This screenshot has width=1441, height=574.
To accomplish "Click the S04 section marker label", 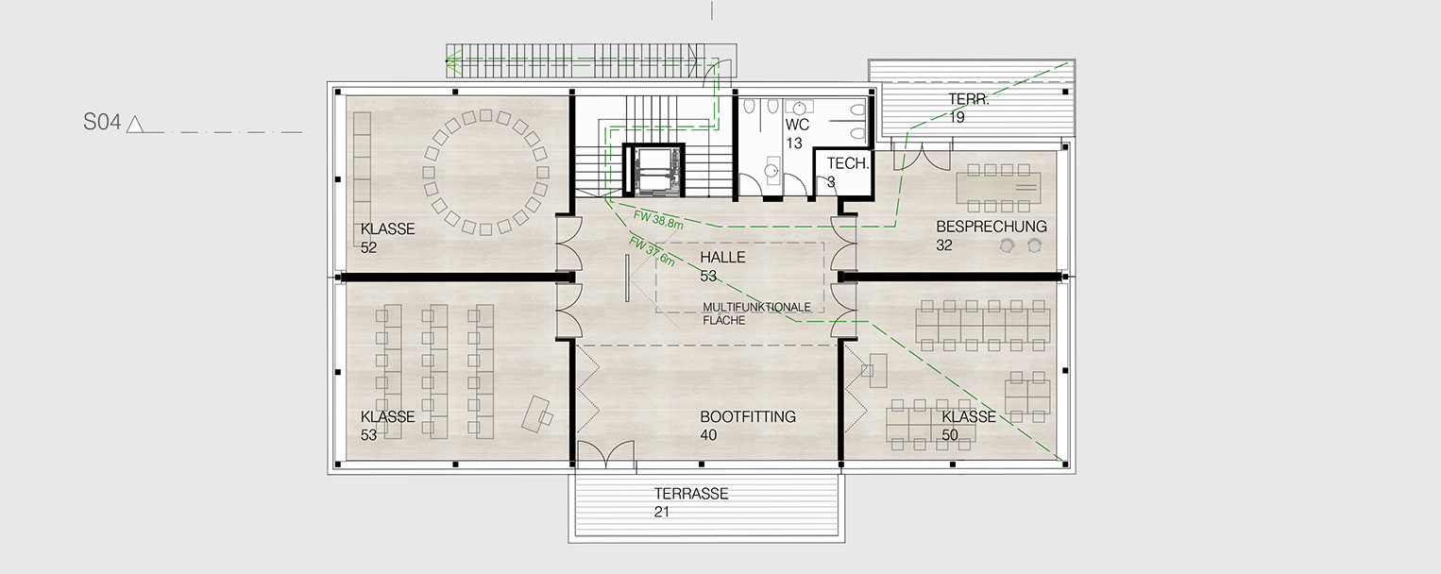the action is [x=102, y=123].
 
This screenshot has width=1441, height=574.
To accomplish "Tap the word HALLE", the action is [x=722, y=258].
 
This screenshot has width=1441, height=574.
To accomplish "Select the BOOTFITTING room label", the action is [x=748, y=417].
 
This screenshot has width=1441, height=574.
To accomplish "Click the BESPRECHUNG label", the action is [x=992, y=227].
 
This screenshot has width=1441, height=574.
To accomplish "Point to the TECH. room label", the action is [x=848, y=163].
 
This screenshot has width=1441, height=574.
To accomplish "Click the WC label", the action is [x=797, y=125].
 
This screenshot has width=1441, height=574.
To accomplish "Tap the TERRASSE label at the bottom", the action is [x=691, y=494].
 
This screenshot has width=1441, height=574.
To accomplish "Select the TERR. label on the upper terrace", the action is [x=968, y=99].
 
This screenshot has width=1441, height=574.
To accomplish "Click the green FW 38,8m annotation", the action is [x=658, y=220].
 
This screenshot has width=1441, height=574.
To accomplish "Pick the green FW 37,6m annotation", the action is [x=652, y=252].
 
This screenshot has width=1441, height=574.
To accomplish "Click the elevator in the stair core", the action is [x=653, y=170].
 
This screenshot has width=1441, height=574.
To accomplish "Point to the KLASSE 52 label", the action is [x=387, y=238].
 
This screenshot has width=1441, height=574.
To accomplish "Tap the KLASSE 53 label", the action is [x=387, y=426].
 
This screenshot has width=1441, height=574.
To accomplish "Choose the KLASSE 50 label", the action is [x=969, y=426].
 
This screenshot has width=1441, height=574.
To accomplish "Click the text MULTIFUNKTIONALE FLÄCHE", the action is [x=756, y=313].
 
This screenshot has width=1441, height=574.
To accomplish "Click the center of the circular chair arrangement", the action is [x=485, y=172].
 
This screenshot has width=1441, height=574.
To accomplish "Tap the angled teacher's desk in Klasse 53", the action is [x=537, y=414].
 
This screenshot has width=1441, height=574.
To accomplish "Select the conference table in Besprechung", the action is [x=998, y=187].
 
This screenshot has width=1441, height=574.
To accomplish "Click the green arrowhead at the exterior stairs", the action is [x=453, y=62].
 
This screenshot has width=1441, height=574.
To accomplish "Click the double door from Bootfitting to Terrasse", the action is [x=605, y=454].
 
